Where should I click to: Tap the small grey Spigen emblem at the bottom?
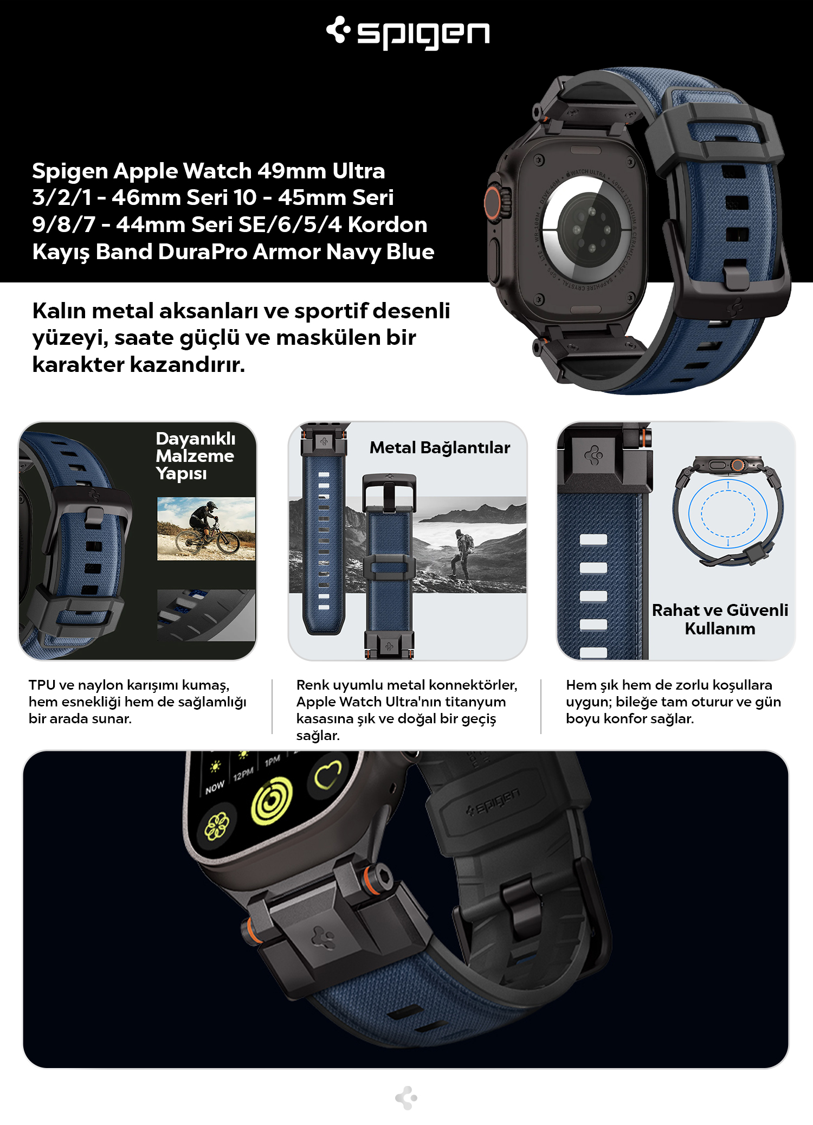coord(406,1098)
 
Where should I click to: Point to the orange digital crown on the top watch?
coord(492,202)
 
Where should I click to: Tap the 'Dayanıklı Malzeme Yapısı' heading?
coord(195,455)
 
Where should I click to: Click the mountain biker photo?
coord(206,529)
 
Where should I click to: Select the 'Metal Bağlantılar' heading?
coord(440,447)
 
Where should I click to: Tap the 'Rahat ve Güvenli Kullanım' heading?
coord(720,619)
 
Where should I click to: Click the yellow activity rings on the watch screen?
coord(272,800)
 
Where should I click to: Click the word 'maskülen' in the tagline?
coord(328,337)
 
